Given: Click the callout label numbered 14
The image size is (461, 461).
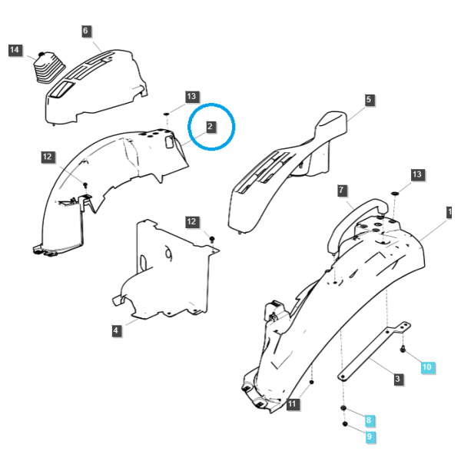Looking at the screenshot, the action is point(15,50).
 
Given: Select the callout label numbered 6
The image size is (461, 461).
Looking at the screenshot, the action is point(85,31).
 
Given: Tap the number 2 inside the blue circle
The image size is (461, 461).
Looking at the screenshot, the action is point(210,127).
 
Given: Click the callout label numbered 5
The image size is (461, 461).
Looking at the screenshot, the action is point(369,100).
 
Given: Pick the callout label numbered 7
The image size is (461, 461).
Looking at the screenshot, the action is point(341,191).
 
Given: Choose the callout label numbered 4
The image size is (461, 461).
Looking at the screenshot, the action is point(116,330).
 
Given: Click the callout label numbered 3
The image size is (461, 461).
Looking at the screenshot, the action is point(398,379).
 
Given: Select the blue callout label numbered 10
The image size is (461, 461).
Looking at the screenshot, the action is point(427,367).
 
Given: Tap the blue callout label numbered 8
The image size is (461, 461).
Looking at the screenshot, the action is point(369,420).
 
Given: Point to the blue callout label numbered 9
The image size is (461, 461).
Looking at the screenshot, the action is point(370,436).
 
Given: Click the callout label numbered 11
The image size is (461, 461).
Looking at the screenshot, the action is point(293,403).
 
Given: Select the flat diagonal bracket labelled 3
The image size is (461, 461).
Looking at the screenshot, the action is point(373,351).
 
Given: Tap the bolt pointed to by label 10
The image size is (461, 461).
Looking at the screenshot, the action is point(403,350).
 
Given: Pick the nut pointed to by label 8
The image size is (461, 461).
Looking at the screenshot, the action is point(343,408).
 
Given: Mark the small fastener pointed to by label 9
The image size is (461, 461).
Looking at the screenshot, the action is point(345,424).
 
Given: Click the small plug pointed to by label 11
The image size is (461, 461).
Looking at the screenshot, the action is point(311,382).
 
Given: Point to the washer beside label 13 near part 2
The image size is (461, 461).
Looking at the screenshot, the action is point(166,114).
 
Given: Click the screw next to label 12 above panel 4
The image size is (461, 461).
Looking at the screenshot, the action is point(213,238).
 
